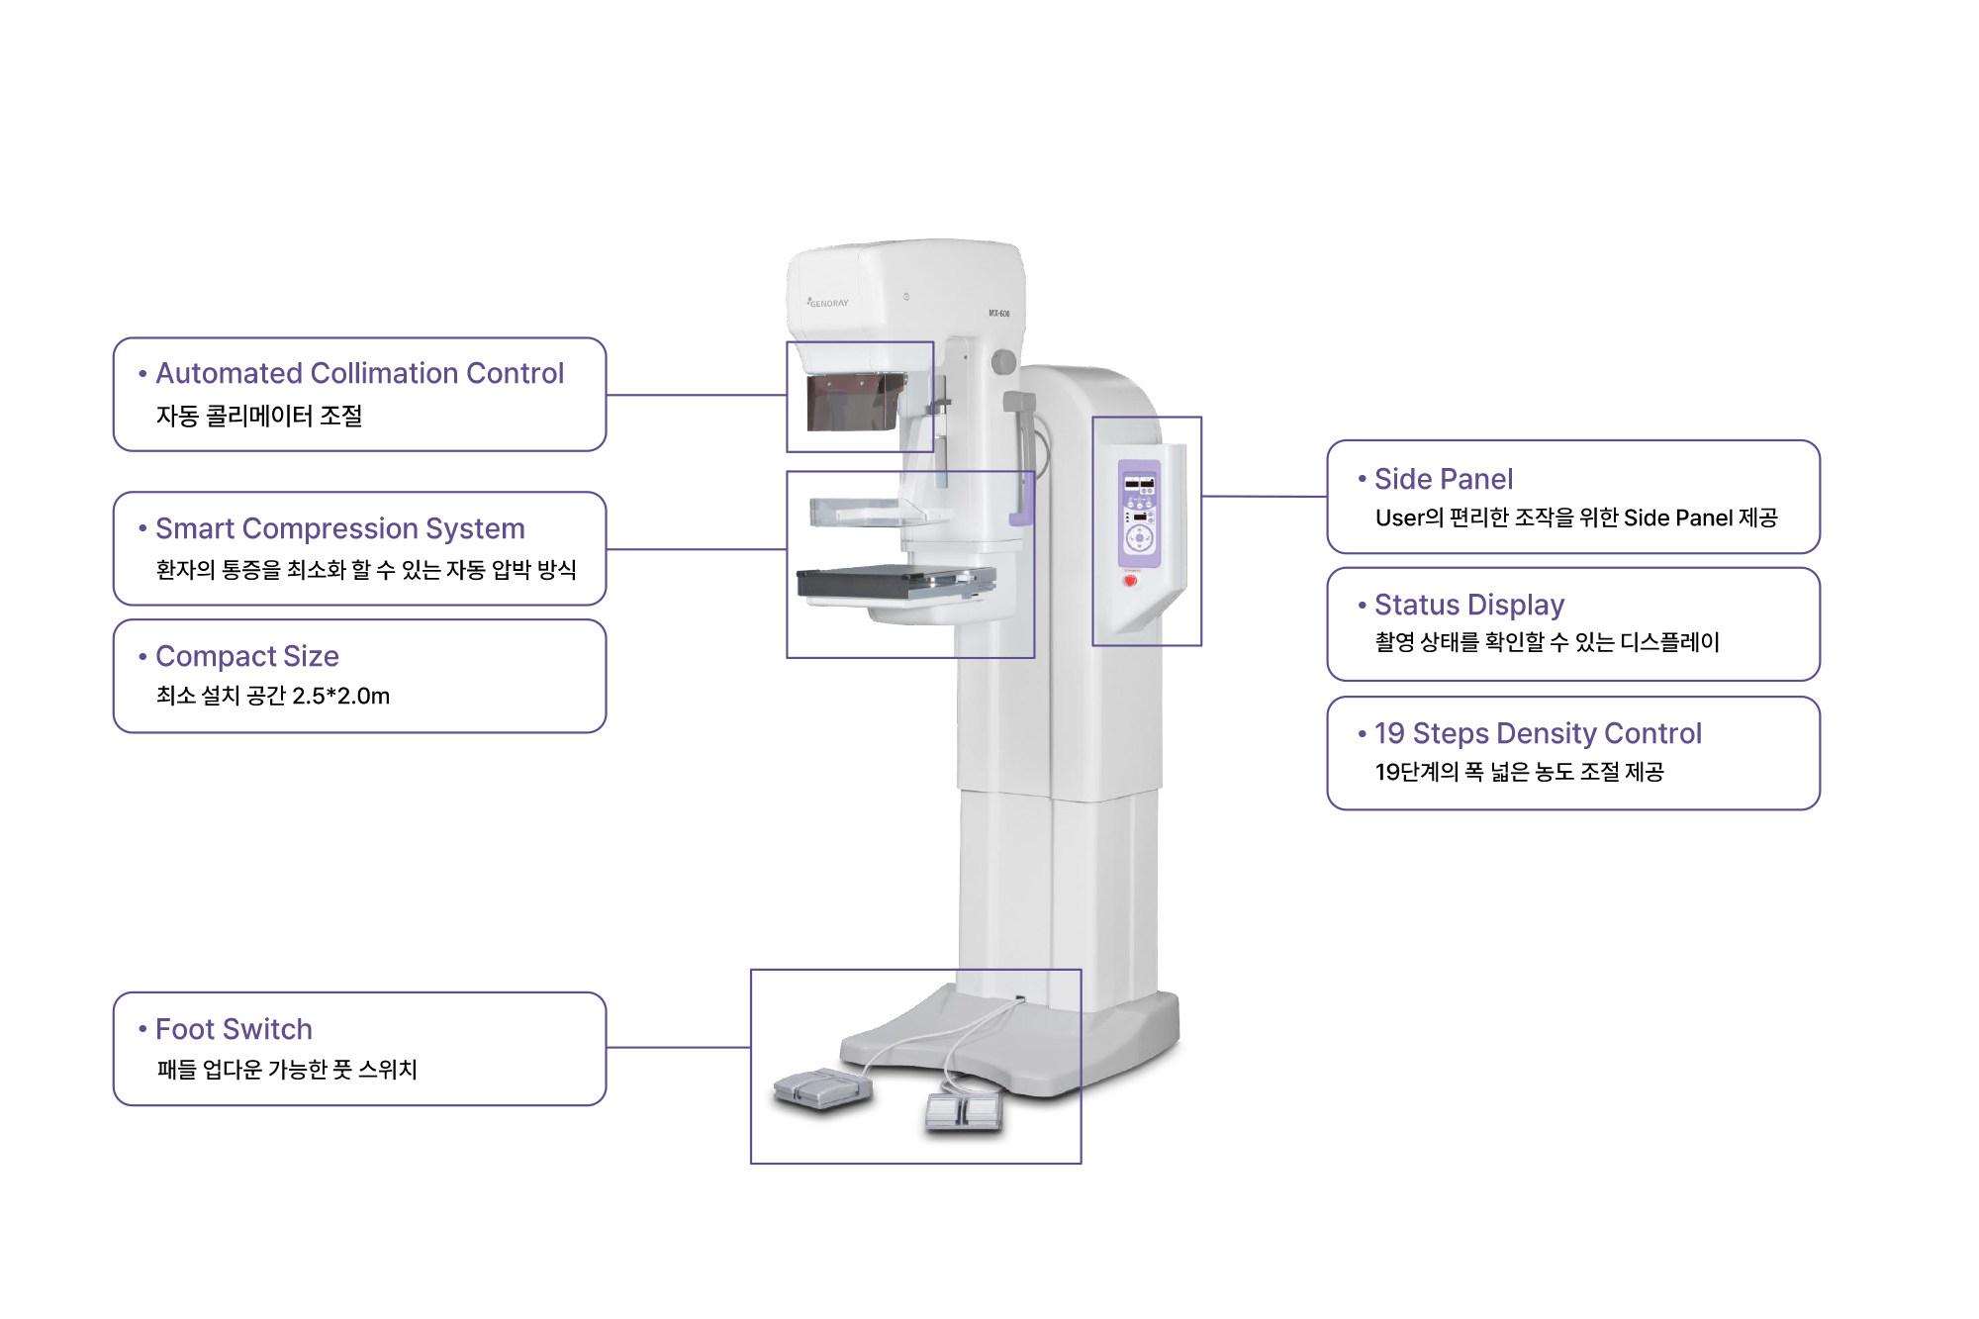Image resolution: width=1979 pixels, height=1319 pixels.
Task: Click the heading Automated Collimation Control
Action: pos(359,373)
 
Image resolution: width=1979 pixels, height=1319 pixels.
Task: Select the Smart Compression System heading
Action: pos(339,528)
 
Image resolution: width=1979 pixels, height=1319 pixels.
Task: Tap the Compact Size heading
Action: pos(246,656)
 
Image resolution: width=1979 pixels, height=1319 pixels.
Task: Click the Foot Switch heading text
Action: pos(234,1029)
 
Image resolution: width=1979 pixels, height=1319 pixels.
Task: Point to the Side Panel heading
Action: pos(1443,479)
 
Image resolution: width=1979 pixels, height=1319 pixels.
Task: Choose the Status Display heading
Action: pos(1468,605)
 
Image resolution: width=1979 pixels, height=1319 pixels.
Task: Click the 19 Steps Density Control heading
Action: pos(1538,733)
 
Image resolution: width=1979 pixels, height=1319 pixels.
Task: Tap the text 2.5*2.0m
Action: pos(340,696)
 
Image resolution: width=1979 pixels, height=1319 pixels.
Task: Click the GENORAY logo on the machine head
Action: pos(828,303)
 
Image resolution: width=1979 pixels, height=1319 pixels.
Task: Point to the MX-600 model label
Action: pos(999,314)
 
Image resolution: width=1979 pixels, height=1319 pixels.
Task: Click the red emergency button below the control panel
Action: pos(1130,581)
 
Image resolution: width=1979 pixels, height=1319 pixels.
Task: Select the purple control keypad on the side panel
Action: pos(1139,513)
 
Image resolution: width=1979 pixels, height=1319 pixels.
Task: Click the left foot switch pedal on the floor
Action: pos(822,1088)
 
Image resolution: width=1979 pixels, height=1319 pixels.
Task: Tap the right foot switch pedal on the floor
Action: pos(964,1112)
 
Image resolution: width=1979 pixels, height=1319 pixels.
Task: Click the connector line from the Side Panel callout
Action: pos(1264,496)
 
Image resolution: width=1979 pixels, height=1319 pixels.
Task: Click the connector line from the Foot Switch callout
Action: pos(679,1047)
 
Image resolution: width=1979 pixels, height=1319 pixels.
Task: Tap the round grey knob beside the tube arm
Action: pos(1003,362)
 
